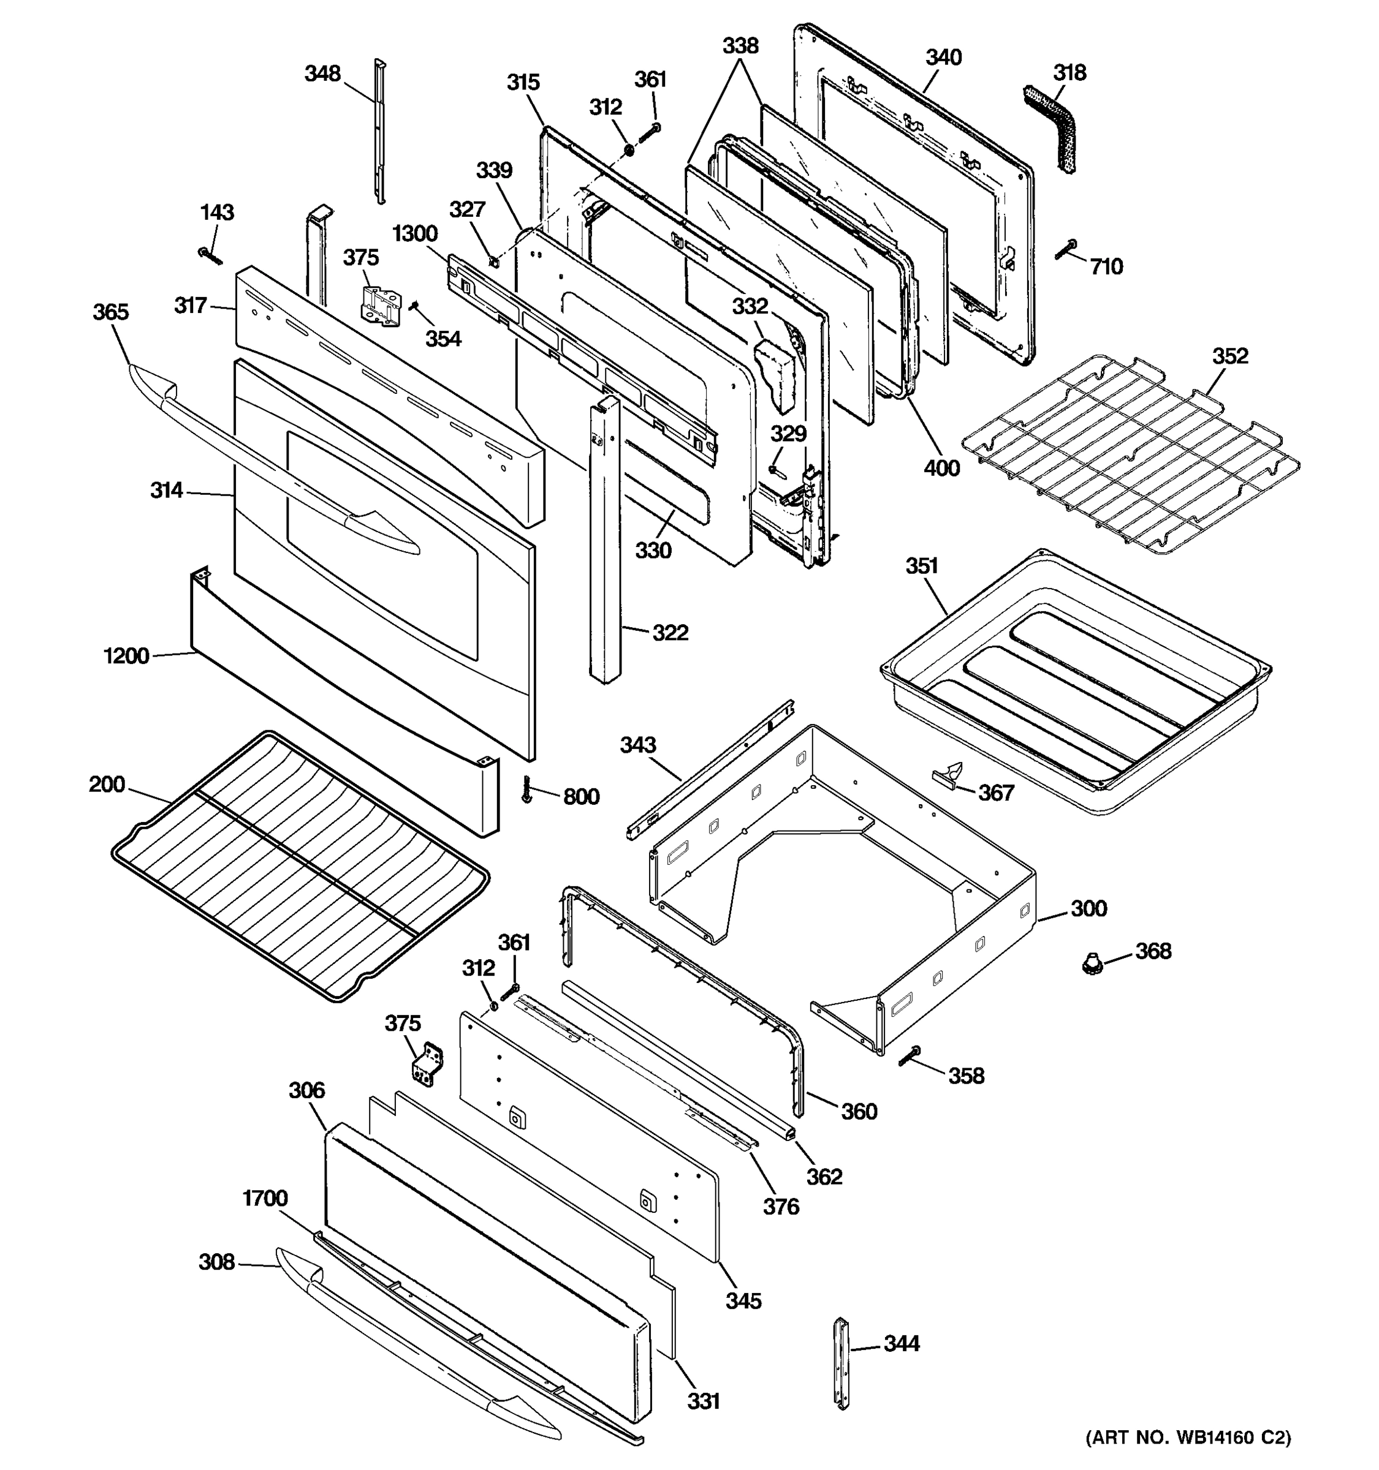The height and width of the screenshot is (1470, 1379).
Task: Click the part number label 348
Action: click(x=322, y=73)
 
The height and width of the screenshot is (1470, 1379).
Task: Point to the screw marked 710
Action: click(x=1066, y=250)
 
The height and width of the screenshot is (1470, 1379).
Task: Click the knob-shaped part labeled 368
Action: click(x=1089, y=963)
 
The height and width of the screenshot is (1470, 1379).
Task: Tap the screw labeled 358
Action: click(x=910, y=1055)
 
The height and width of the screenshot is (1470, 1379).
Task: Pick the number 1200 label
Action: click(x=126, y=655)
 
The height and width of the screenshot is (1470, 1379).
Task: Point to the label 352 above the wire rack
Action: click(x=1229, y=356)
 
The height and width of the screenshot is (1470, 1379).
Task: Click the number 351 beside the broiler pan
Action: click(x=921, y=566)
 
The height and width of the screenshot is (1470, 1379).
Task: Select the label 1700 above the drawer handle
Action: click(x=265, y=1197)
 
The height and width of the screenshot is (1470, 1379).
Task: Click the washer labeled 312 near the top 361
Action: click(x=628, y=150)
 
